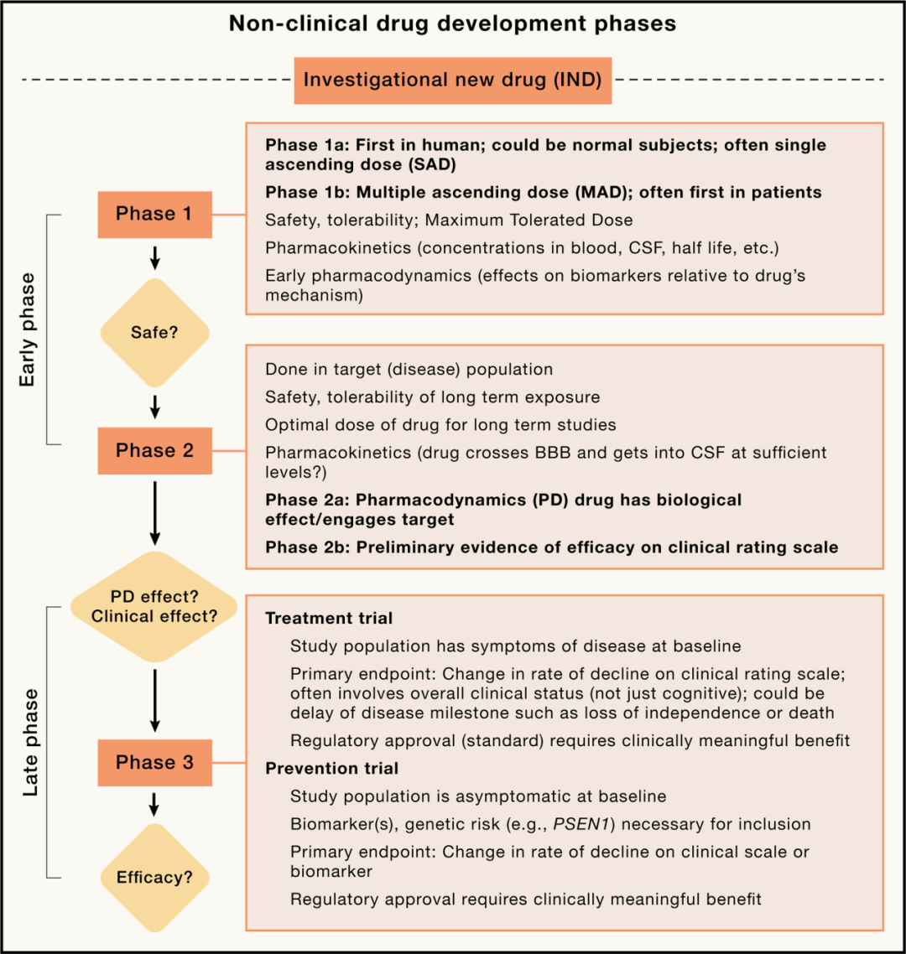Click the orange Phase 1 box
tap(154, 214)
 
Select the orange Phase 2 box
tap(154, 451)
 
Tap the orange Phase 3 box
tap(154, 762)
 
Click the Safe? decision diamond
tap(154, 332)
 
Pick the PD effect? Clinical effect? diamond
tap(154, 606)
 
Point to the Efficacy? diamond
tap(154, 878)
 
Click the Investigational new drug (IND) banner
tap(452, 80)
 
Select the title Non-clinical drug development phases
tap(452, 23)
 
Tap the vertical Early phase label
tap(28, 329)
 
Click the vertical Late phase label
tap(30, 742)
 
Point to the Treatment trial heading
tap(329, 619)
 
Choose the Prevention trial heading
tap(332, 768)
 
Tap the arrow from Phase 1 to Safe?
tap(154, 256)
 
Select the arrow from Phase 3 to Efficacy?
tap(154, 804)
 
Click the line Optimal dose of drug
tap(440, 424)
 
